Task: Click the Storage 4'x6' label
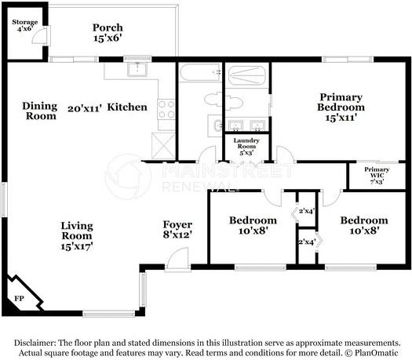(25, 25)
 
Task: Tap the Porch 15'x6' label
(108, 33)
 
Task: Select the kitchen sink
(137, 69)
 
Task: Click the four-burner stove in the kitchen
(166, 110)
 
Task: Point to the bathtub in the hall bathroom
(200, 72)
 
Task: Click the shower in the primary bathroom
(246, 75)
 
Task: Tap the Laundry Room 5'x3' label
(246, 147)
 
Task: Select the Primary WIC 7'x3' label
(377, 176)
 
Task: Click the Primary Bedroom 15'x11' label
(341, 107)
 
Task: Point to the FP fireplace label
(19, 298)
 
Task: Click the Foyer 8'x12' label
(177, 230)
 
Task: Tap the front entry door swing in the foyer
(178, 258)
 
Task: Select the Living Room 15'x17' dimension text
(77, 246)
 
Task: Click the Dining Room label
(40, 111)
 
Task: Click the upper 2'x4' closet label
(307, 211)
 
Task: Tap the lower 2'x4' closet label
(307, 242)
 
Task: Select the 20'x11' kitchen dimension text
(85, 108)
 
